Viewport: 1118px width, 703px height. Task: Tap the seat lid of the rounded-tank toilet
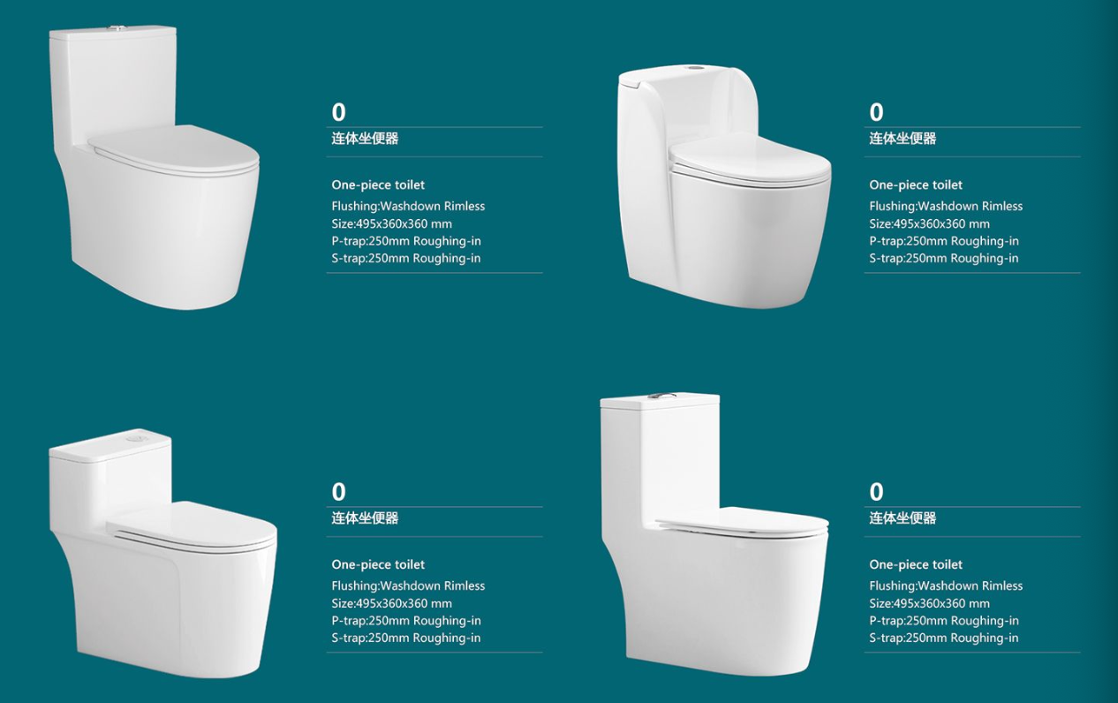[750, 160]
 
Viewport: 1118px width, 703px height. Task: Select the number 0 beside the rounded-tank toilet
[876, 112]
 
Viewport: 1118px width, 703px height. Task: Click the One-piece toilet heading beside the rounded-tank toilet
[916, 185]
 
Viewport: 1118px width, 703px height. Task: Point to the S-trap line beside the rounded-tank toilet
[943, 258]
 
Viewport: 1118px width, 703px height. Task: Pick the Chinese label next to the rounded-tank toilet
[903, 139]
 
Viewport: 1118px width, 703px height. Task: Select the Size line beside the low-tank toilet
[391, 603]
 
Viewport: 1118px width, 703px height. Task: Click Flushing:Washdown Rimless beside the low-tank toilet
[408, 586]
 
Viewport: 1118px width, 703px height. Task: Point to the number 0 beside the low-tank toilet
[338, 492]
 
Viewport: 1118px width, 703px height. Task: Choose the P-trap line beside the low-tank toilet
[405, 621]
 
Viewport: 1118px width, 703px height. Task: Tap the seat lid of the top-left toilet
[174, 148]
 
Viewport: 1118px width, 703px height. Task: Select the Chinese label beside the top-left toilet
[365, 139]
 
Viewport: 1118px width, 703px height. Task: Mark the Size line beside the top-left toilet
[391, 223]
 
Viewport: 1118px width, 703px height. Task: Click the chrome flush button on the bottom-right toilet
[661, 397]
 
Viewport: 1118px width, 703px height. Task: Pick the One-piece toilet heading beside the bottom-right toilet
[916, 564]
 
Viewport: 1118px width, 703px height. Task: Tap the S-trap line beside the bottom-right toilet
[943, 638]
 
